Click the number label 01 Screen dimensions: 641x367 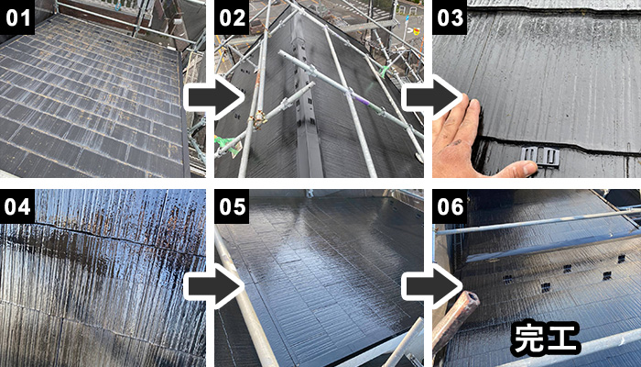17,17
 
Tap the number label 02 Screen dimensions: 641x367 232,17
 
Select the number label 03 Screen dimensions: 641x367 450,17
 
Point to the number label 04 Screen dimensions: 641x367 17,206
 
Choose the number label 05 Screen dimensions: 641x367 232,206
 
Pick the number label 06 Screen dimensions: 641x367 450,206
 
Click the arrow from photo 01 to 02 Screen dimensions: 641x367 213,98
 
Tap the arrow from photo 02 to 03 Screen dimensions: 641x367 431,98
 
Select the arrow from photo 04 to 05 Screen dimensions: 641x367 213,286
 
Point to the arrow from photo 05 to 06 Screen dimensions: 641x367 431,286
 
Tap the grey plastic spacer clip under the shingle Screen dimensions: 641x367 540,156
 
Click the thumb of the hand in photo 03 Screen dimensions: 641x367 513,169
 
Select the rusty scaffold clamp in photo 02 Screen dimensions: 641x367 258,119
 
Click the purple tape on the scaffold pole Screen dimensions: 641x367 363,101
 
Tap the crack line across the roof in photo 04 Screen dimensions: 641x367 103,237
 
